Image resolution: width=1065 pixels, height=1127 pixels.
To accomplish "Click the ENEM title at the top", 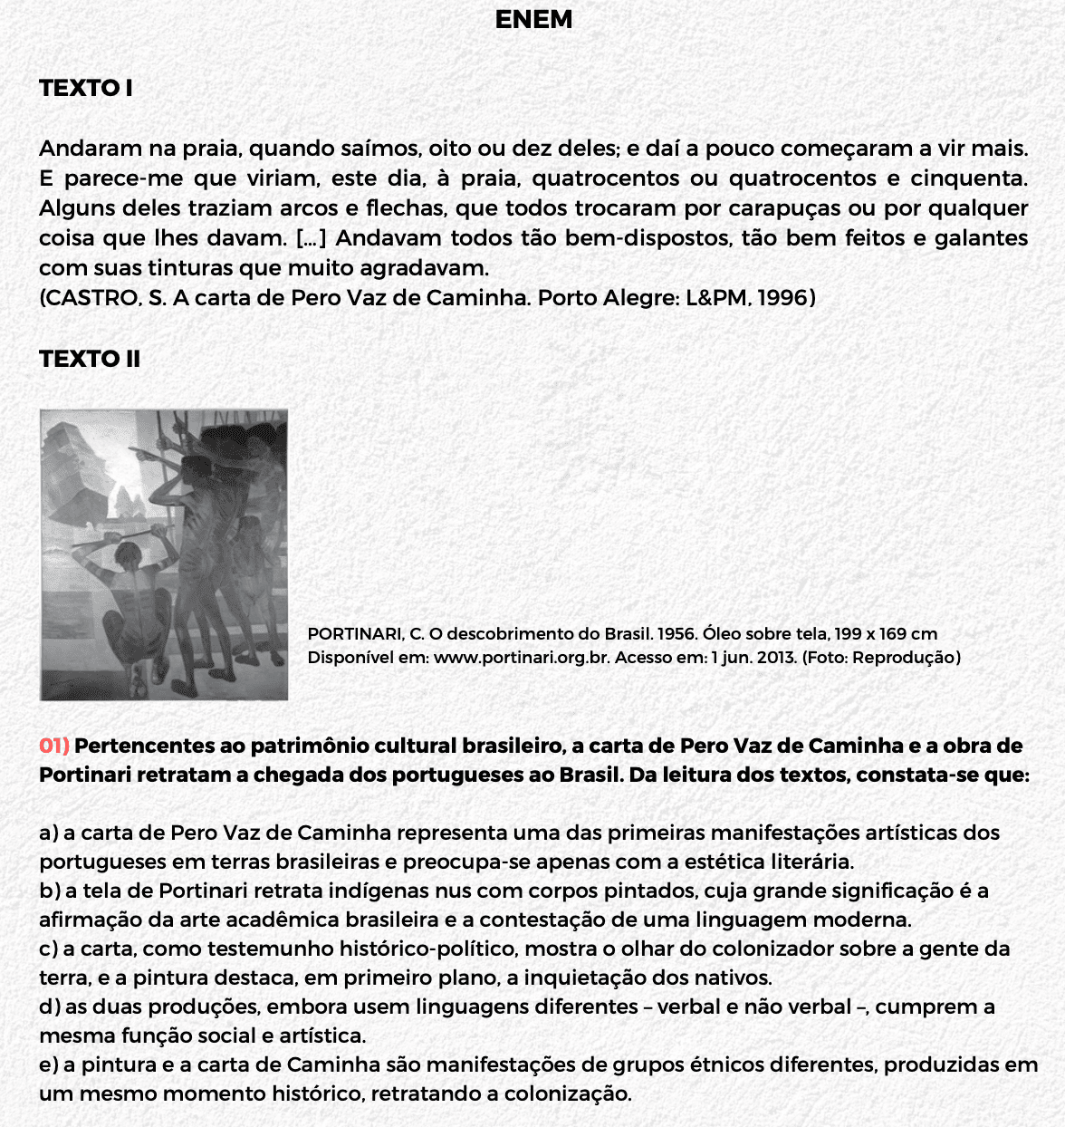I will [x=533, y=20].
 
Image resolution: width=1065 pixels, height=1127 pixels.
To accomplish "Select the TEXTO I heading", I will [x=86, y=88].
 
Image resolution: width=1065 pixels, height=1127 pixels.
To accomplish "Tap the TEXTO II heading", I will [x=90, y=359].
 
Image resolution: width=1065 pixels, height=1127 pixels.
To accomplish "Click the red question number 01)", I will [x=54, y=746].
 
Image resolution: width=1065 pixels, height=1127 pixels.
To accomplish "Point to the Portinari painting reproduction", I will [x=164, y=554].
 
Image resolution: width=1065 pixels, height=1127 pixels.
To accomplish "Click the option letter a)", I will [x=49, y=833].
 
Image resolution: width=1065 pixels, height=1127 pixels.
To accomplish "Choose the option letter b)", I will [x=50, y=891].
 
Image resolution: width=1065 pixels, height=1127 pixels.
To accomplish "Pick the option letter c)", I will [x=49, y=949].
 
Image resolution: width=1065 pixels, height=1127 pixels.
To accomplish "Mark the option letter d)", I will [x=50, y=1007].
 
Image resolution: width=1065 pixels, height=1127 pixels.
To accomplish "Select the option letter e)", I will [x=49, y=1064].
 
